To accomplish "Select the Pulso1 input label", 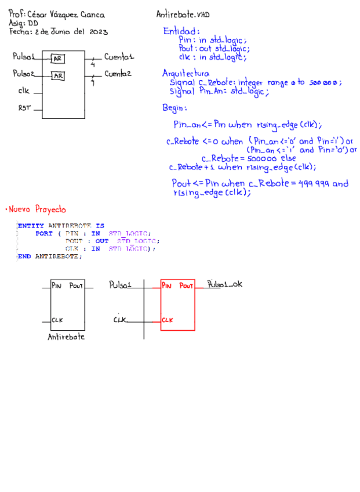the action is click(23, 57).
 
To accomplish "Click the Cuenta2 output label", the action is click(118, 74).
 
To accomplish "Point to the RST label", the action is click(24, 108).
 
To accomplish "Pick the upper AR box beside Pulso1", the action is click(58, 59).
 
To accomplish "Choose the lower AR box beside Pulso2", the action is click(58, 76).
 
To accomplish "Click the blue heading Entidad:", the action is click(181, 31).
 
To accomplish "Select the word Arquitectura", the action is click(186, 74).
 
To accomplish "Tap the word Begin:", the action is click(174, 108).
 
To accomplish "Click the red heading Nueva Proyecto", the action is click(37, 209).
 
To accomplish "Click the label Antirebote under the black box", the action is click(66, 337).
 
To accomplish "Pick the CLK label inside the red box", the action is click(168, 320).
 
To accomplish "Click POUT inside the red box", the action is click(186, 285).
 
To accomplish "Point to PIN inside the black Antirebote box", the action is click(56, 285).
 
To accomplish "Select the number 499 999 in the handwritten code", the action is click(314, 184).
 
